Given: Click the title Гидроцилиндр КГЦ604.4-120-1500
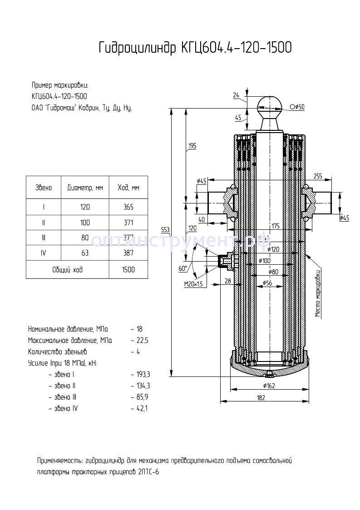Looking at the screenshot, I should coord(195,47).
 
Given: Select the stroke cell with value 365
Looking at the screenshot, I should coord(128,207).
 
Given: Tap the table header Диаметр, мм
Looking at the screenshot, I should coord(85,188).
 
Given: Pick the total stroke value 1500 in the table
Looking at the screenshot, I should coord(128,269).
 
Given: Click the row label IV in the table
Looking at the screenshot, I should coord(44,253).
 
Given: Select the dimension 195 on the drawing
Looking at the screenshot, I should coord(192,146).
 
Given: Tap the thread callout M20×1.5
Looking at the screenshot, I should coord(193,284).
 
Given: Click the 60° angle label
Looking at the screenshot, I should coord(182,268).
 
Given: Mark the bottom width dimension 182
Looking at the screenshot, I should coord(261,398).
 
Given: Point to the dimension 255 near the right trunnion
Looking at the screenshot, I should coord(317,176).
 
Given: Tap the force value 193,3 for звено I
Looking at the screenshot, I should coord(143,375).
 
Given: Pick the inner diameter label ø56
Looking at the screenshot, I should coord(267,283).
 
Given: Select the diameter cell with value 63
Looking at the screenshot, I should coord(85,253).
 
